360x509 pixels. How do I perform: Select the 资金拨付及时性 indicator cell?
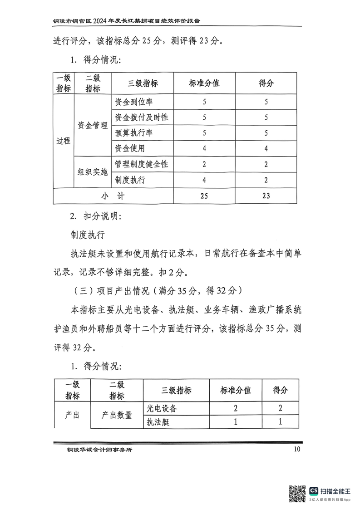coord(141,117)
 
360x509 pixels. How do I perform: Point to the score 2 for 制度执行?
coord(266,180)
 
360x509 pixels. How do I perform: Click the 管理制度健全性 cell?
coord(141,164)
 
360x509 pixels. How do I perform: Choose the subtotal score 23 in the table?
coord(266,196)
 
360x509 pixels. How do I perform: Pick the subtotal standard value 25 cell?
coord(204,196)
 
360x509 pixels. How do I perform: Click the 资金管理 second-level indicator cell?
coord(92,125)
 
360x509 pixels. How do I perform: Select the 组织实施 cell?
coord(92,172)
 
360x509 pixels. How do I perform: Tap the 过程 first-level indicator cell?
coord(64,141)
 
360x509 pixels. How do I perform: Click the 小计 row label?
coord(113,196)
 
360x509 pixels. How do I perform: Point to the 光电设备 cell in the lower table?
coord(161,408)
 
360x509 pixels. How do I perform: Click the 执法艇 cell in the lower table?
coord(158,422)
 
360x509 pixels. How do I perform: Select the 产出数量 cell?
coord(117,415)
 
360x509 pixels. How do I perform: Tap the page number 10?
coord(297,449)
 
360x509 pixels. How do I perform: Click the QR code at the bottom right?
coord(297,493)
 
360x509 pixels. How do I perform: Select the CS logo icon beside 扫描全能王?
coord(314,491)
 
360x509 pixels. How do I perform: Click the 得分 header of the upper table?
coord(266,83)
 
